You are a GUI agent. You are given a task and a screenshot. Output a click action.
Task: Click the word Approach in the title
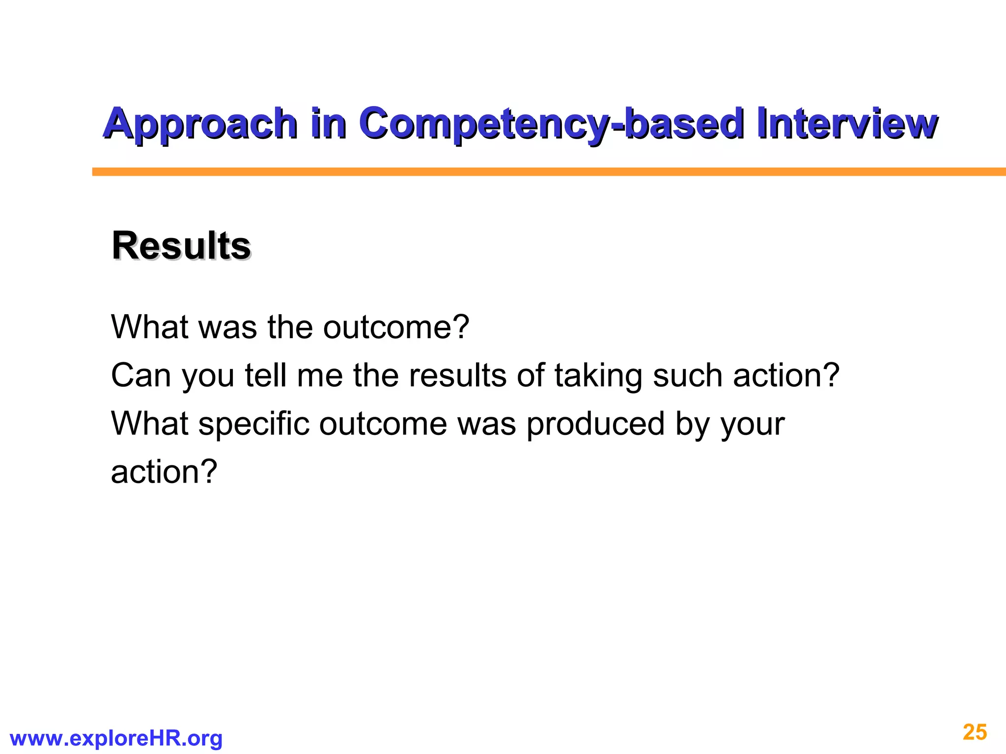tap(200, 124)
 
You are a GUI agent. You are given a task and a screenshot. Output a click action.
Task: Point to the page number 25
tap(975, 732)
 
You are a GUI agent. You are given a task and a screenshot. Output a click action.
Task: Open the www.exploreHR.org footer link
tap(116, 738)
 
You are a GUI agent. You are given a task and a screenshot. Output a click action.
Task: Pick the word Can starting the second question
tap(140, 376)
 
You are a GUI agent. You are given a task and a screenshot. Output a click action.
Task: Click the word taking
tap(598, 377)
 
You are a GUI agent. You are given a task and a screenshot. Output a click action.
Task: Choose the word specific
tap(253, 424)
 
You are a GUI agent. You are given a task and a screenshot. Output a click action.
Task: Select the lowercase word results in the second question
tap(457, 376)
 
